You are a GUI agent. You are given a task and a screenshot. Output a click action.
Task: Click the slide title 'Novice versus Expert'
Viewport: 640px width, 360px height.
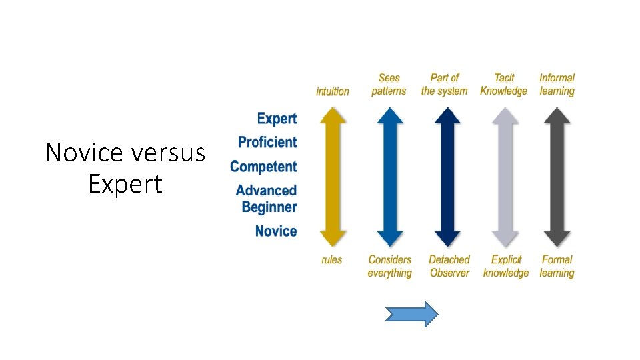click(125, 167)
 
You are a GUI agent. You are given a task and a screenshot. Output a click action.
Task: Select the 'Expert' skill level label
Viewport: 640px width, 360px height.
click(277, 119)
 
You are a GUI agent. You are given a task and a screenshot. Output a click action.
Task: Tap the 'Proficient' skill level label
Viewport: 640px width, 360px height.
click(267, 142)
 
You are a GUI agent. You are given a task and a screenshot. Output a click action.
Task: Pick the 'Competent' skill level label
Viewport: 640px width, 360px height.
click(263, 166)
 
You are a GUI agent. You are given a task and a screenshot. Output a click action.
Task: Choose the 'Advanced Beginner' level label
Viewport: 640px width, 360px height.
click(267, 199)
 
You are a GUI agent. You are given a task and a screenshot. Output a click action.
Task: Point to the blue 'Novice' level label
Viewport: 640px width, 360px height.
click(276, 231)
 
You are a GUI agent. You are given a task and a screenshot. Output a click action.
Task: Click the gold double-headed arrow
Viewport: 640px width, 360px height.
click(333, 177)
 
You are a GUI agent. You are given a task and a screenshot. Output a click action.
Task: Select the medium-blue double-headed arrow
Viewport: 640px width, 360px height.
click(389, 177)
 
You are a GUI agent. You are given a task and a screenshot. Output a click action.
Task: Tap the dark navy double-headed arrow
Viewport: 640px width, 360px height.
click(447, 177)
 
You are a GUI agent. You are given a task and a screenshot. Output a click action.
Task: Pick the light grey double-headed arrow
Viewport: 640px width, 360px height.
click(505, 177)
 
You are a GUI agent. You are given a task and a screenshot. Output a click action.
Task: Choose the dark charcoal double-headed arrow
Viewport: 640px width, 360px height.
click(557, 177)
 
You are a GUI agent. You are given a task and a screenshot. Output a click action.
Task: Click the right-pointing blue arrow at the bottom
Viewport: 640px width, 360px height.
click(412, 313)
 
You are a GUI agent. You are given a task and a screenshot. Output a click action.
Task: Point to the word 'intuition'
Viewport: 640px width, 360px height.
click(333, 91)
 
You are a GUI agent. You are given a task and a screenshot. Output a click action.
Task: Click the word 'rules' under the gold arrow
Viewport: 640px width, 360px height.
click(332, 260)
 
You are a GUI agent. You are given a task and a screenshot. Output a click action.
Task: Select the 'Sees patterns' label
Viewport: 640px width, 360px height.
click(389, 85)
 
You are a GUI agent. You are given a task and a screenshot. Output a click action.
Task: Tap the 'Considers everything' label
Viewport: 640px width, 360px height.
click(390, 266)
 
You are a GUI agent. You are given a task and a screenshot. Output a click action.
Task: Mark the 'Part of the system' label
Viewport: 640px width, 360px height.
click(445, 85)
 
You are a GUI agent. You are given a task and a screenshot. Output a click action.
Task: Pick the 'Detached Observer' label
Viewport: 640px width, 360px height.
click(449, 266)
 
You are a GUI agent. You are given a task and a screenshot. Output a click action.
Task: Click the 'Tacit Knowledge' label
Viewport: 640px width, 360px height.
click(504, 85)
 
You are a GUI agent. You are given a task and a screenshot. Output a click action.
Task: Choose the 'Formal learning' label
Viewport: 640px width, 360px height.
click(557, 266)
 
